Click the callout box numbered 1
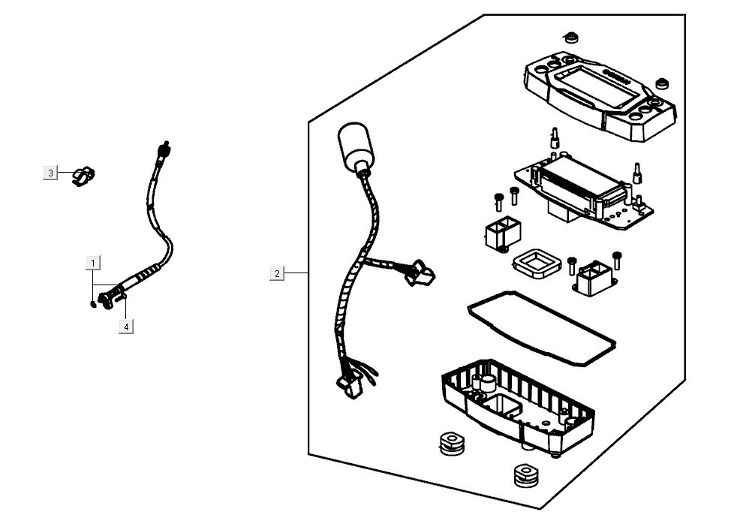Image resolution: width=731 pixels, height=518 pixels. tap(93, 263)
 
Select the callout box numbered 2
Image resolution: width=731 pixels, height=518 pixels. tap(277, 273)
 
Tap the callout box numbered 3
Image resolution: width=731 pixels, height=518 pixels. tap(50, 173)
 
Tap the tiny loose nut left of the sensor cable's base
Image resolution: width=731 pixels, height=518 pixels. tap(92, 303)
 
